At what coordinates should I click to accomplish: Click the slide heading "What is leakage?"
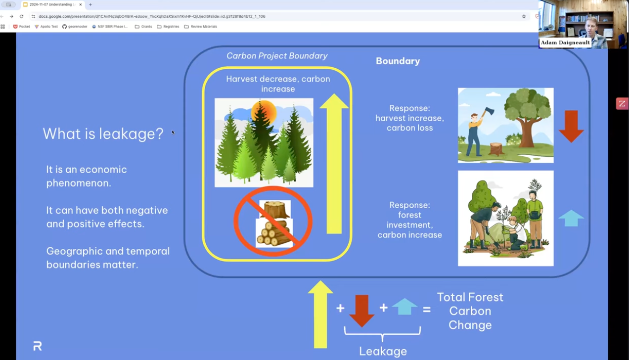coord(103,134)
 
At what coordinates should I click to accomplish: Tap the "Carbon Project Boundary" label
coord(277,56)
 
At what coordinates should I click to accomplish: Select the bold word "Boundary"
coord(398,61)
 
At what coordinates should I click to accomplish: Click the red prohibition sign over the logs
coord(273,221)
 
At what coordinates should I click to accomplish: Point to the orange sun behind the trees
coord(264,111)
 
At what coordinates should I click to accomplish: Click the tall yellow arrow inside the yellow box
coord(334,163)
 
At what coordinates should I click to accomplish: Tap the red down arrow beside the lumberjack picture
coord(571,126)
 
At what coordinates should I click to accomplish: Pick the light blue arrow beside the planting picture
coord(571,218)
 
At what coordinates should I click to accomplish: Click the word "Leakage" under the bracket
coord(383,351)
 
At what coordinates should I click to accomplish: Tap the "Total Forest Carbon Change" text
coord(470,311)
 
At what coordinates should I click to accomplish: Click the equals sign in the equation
coord(427,310)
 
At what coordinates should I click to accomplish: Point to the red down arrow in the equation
coord(362,311)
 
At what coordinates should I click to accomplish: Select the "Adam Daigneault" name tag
coord(565,43)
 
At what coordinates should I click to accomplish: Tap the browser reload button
coord(21,16)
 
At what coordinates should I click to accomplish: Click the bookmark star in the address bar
coord(524,16)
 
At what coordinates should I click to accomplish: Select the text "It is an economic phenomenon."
coord(87,176)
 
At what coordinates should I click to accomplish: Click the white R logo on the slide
coord(37,346)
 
